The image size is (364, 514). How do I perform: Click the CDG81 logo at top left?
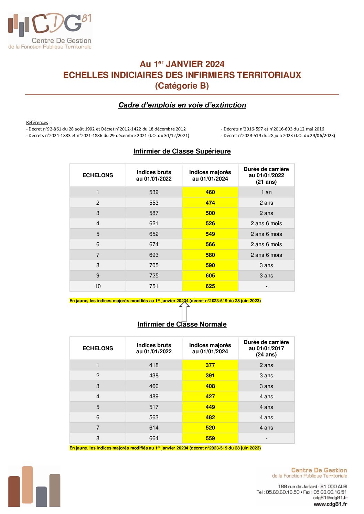tap(50, 31)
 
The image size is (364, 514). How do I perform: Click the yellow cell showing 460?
tap(210, 192)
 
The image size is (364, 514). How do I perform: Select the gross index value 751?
tap(154, 286)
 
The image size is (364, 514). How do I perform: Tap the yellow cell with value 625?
tap(210, 286)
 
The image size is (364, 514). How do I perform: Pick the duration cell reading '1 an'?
tap(266, 192)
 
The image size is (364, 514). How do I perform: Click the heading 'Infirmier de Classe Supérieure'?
tap(182, 151)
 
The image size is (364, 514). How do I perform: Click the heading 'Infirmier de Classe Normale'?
tap(182, 324)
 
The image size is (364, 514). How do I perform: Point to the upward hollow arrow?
tap(185, 311)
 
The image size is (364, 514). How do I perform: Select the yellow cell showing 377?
tap(210, 365)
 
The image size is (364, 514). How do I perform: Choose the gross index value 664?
tap(154, 438)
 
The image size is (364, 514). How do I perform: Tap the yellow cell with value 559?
tap(210, 438)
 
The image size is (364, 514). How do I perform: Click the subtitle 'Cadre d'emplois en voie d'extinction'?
tap(182, 105)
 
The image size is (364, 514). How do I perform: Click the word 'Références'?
tap(37, 123)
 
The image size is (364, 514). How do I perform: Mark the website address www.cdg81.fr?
tap(330, 504)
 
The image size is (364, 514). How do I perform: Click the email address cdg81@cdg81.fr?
tap(330, 498)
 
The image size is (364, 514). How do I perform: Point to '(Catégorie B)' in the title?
tap(182, 86)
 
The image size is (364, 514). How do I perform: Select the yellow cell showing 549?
tap(210, 234)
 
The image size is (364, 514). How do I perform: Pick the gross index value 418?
tap(154, 365)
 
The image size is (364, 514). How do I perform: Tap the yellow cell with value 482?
tap(210, 417)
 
